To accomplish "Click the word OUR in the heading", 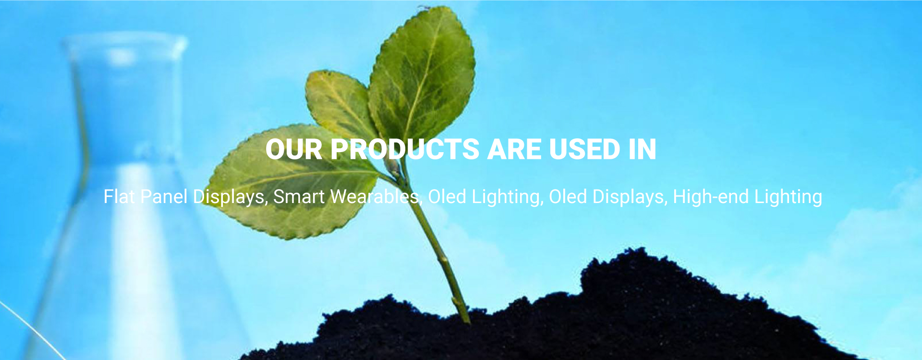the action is [x=294, y=149].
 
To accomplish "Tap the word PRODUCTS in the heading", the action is [x=405, y=149].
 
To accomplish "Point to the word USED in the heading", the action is [x=584, y=149].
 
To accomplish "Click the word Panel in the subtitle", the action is [x=164, y=197].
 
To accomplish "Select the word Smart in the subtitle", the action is [x=299, y=197].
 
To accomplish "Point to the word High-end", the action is [x=711, y=197].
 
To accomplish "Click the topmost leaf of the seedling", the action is [x=423, y=72].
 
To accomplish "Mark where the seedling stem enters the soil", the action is [x=465, y=321].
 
